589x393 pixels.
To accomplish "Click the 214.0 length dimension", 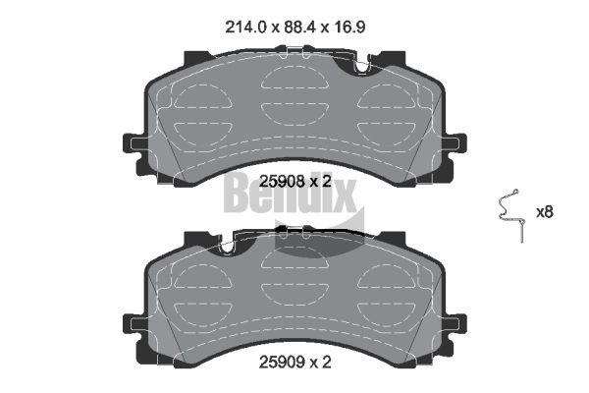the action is click(x=245, y=27).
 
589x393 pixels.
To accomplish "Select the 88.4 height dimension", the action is click(x=299, y=27).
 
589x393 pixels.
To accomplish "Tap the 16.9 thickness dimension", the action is click(x=348, y=27).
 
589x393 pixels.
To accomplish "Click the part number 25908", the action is click(x=282, y=182).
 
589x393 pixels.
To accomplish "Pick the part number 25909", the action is click(x=282, y=363).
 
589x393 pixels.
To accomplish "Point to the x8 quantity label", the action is click(x=544, y=212).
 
